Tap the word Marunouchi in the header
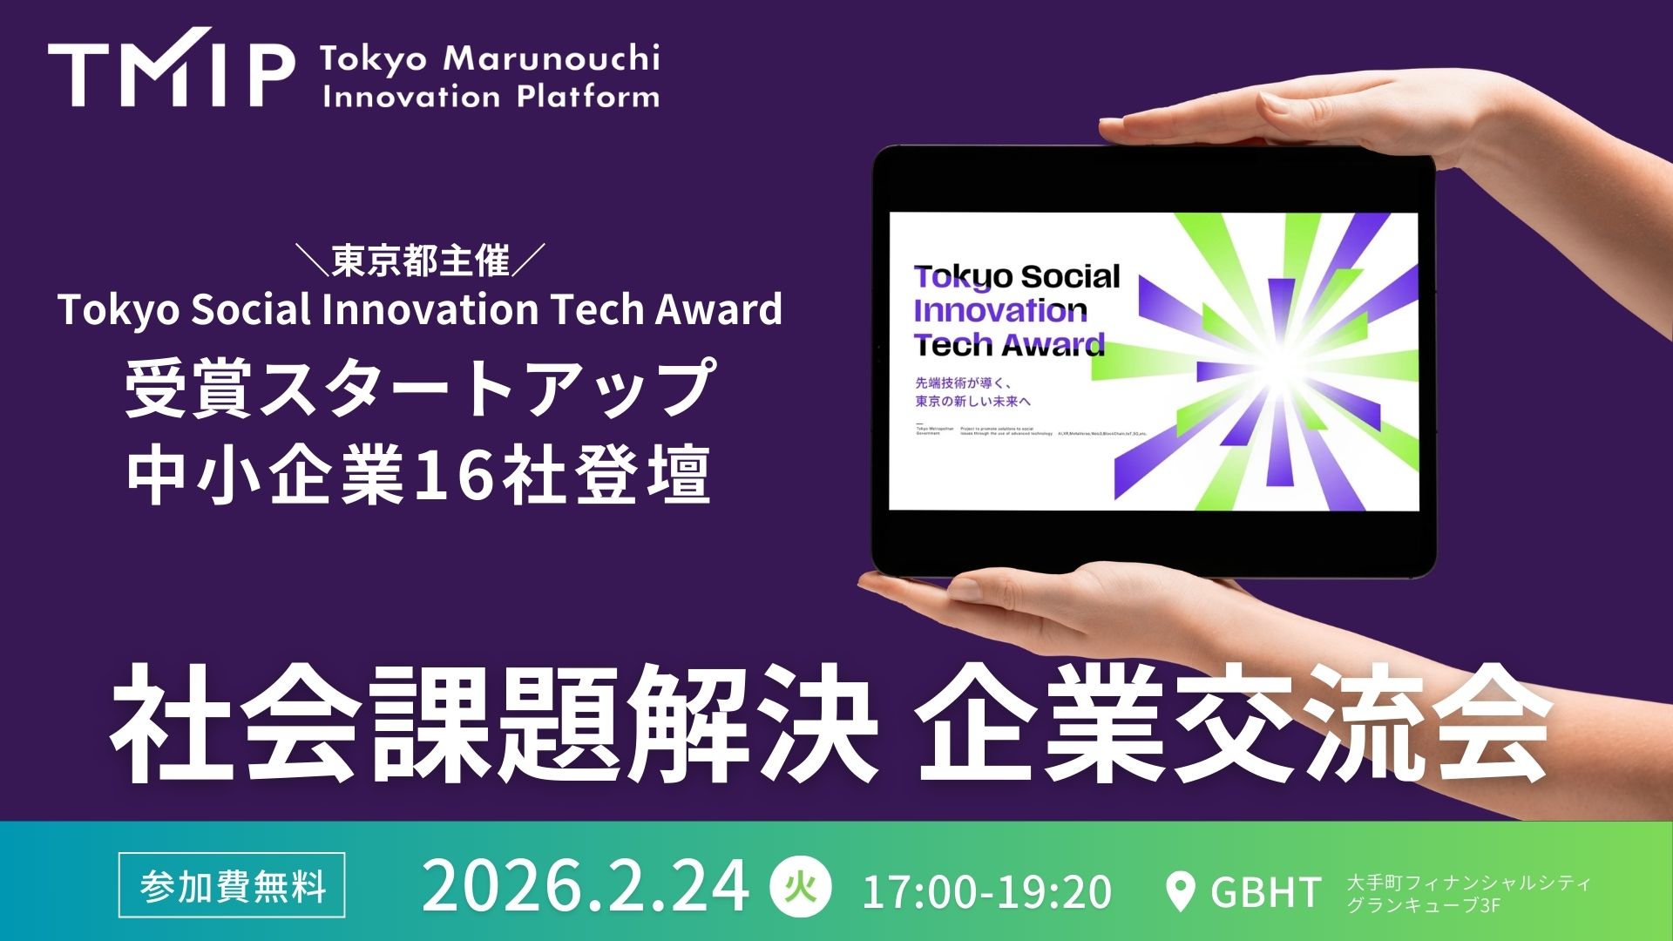click(x=551, y=59)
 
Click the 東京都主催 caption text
click(x=421, y=261)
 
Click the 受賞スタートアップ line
click(x=420, y=389)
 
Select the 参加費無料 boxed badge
click(x=232, y=886)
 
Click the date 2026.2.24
click(x=585, y=887)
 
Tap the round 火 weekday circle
click(x=800, y=887)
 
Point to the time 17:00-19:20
click(x=986, y=891)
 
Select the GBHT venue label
click(x=1266, y=891)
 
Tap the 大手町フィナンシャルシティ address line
click(x=1469, y=882)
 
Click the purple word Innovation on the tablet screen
click(x=999, y=310)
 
